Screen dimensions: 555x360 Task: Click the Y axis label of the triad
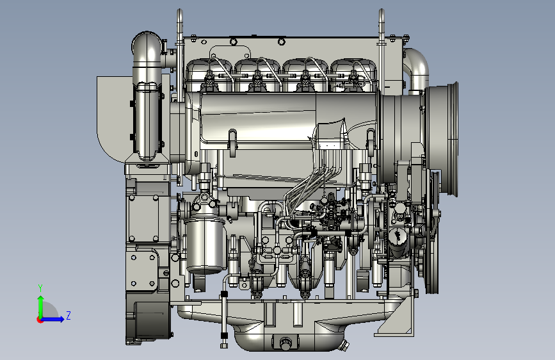click(40, 288)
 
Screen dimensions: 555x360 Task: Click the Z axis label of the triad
click(68, 315)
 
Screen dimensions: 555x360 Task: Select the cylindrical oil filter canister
click(205, 245)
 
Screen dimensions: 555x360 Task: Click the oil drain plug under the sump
click(285, 343)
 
